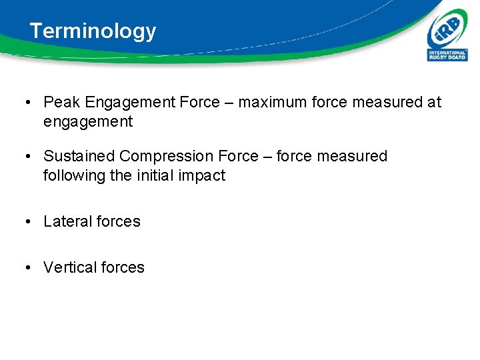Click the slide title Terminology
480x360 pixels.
pos(93,31)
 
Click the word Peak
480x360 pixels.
pos(59,102)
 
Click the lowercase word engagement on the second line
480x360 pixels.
pos(88,122)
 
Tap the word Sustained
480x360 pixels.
pos(79,156)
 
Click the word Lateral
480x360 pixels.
pos(65,221)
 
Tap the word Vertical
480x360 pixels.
pos(67,267)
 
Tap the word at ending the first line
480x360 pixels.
pos(434,102)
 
